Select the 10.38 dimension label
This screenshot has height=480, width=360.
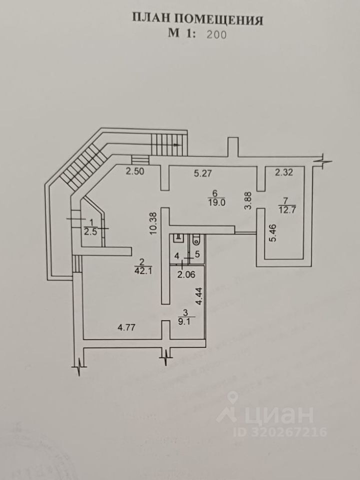pos(154,220)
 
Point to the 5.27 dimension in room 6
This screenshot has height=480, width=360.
pos(202,174)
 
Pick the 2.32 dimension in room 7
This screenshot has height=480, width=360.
pos(283,173)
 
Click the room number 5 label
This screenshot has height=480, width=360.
pos(197,255)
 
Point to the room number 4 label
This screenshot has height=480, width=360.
pos(176,255)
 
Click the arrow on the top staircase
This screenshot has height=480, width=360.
pos(176,144)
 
